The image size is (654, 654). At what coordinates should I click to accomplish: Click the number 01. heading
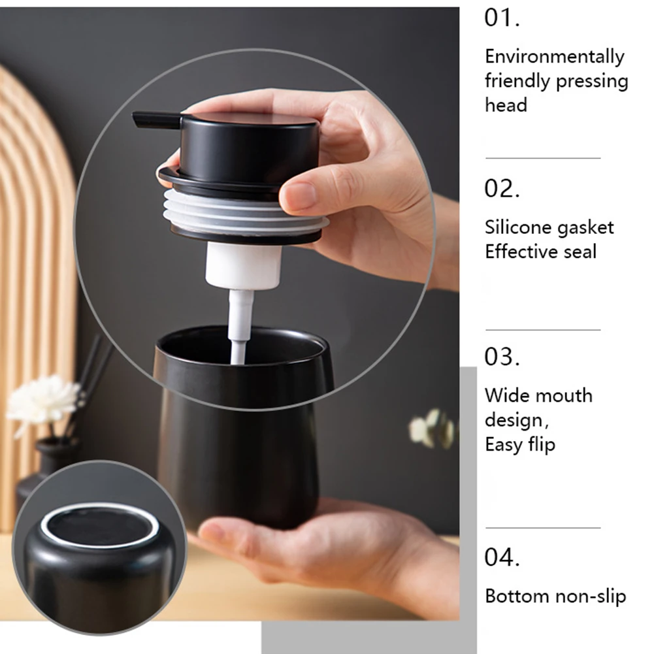click(x=502, y=18)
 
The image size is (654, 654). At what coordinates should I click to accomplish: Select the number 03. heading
click(x=502, y=357)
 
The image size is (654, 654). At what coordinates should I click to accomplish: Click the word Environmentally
click(x=554, y=57)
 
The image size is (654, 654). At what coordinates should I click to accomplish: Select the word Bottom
click(x=517, y=596)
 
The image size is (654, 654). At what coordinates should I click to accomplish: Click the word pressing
click(x=592, y=82)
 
